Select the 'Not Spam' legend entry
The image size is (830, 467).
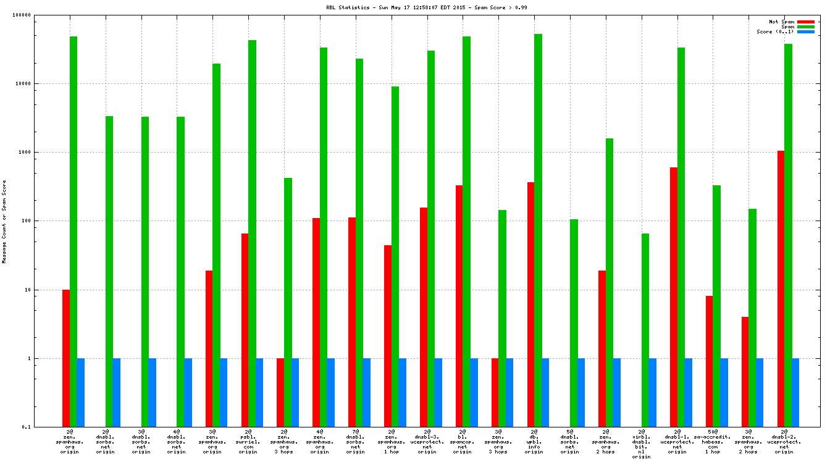pyautogui.click(x=781, y=22)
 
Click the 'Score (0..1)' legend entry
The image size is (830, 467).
pyautogui.click(x=776, y=32)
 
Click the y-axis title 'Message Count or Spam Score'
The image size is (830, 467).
pyautogui.click(x=4, y=222)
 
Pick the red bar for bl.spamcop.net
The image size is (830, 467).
pyautogui.click(x=459, y=306)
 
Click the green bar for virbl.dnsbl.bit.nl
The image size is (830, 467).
pyautogui.click(x=645, y=330)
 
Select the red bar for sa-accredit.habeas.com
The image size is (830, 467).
pyautogui.click(x=709, y=361)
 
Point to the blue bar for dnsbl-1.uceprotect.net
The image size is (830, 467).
pyautogui.click(x=688, y=392)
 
